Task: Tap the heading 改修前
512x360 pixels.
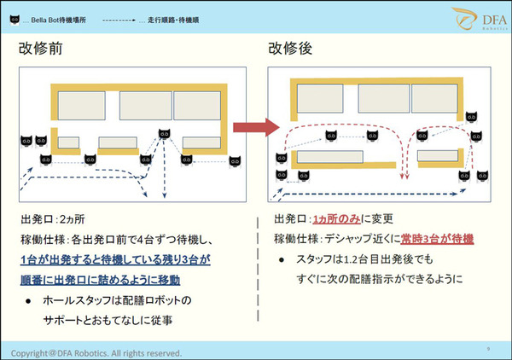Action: coord(41,49)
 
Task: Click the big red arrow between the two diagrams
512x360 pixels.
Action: coord(256,128)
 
